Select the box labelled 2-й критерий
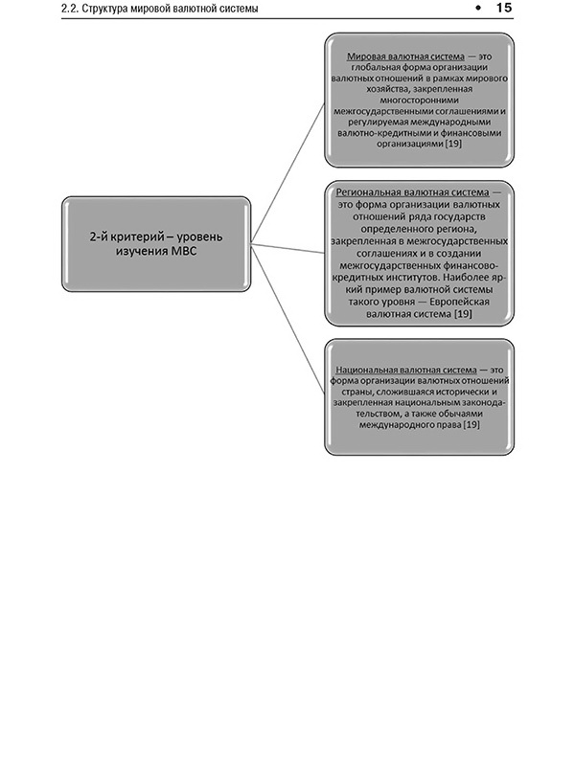pos(156,243)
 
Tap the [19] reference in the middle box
pos(462,314)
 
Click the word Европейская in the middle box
pos(455,301)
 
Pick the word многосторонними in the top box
pos(420,98)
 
